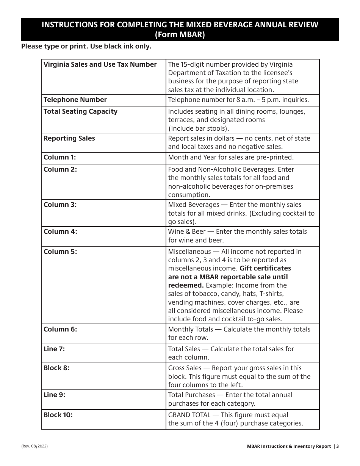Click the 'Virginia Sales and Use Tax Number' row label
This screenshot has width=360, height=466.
(x=100, y=64)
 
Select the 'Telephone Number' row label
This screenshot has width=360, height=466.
(x=75, y=100)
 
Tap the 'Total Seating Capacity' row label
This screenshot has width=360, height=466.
(x=80, y=111)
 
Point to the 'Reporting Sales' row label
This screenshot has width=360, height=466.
(x=69, y=138)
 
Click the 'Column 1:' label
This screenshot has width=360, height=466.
(x=60, y=157)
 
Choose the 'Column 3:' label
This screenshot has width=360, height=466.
(x=60, y=205)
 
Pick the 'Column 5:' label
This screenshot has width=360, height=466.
(x=60, y=252)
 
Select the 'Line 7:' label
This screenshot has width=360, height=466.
(x=54, y=349)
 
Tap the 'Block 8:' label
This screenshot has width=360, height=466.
(x=56, y=368)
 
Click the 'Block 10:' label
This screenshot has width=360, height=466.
(x=58, y=415)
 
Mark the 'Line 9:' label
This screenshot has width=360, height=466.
(x=54, y=395)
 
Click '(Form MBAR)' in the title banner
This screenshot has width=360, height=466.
(x=180, y=34)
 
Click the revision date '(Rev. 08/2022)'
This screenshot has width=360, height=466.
(x=34, y=446)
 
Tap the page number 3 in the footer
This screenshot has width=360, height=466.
(x=337, y=446)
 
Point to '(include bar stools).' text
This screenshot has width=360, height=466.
(x=199, y=128)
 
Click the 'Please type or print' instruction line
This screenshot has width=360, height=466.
(x=86, y=46)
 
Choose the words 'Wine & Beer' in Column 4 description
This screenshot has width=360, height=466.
(x=186, y=231)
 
